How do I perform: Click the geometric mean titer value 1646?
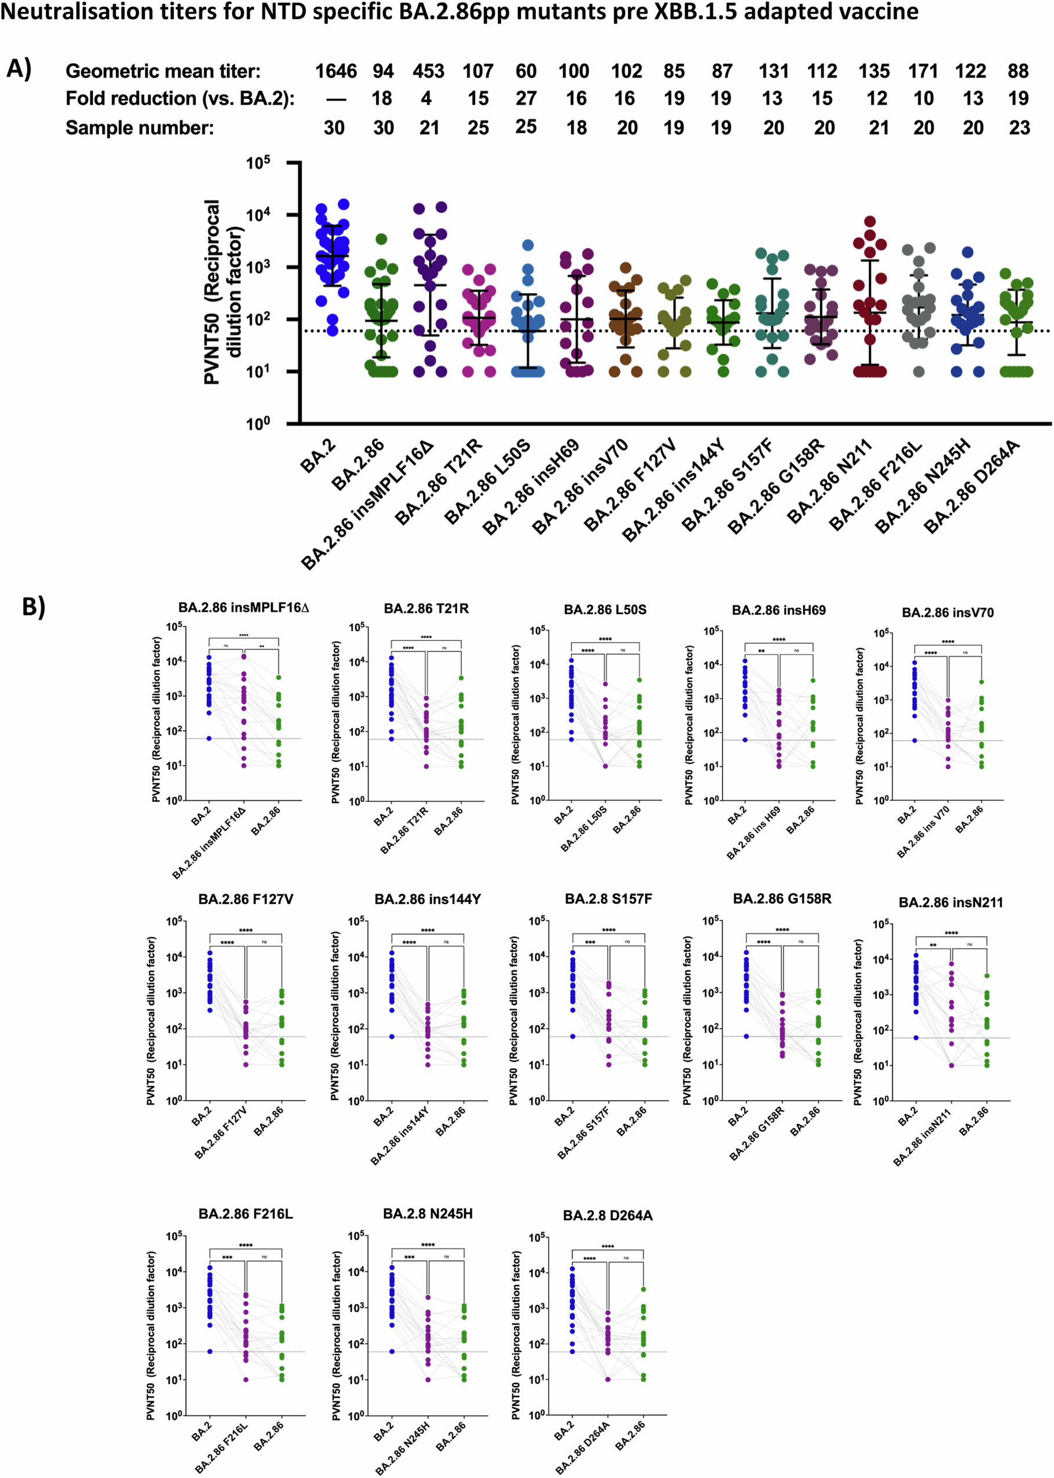335,71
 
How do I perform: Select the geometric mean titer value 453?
428,71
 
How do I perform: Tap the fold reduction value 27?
526,99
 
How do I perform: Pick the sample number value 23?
1019,128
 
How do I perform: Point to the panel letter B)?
34,606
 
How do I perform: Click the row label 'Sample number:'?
140,128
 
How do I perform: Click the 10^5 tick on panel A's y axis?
258,163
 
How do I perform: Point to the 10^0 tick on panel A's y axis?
258,424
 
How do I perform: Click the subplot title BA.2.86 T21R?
426,608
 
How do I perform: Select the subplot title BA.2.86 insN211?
950,902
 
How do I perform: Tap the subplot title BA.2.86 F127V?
245,899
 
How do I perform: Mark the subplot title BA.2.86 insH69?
778,610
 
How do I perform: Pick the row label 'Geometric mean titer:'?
163,71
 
